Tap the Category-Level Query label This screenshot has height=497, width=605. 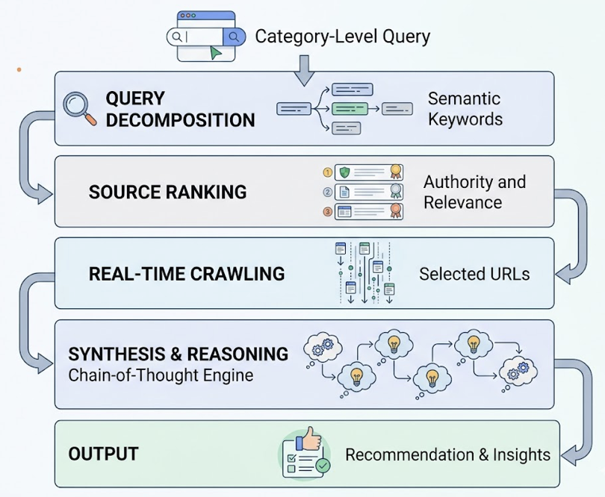pos(342,36)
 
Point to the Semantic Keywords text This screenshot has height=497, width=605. pos(465,109)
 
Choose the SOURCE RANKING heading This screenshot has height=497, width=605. pos(167,192)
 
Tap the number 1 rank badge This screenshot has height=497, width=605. pos(326,172)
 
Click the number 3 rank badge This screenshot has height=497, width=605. pos(326,212)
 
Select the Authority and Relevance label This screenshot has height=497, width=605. pos(474,192)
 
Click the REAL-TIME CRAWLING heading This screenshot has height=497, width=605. pos(187,274)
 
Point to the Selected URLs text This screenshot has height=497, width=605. pos(474,274)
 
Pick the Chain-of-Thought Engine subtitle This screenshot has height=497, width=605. pos(161,375)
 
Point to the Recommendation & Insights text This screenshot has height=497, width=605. pos(447,454)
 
